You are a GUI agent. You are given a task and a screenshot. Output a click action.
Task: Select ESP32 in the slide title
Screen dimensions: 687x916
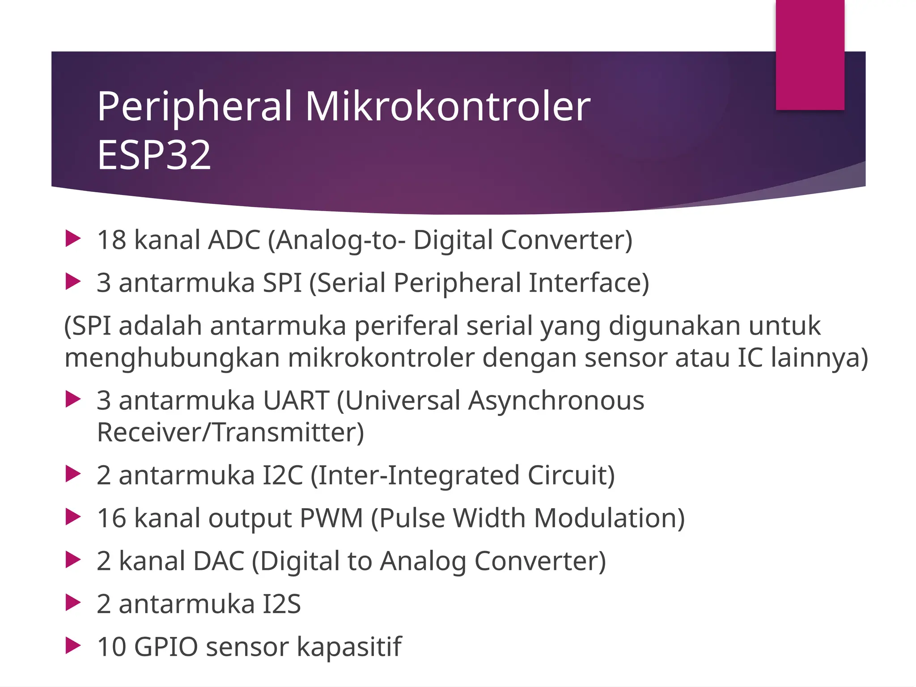point(154,155)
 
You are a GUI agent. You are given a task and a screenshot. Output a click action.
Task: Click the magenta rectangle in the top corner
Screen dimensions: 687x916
point(810,55)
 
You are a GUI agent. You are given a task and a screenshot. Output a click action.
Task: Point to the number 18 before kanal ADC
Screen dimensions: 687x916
point(112,240)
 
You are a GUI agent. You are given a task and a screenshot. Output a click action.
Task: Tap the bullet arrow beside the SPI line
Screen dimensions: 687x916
point(73,282)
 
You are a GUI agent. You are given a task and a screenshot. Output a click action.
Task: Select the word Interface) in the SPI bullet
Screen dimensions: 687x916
point(589,283)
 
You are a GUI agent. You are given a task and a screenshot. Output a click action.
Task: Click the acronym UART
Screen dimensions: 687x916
point(296,400)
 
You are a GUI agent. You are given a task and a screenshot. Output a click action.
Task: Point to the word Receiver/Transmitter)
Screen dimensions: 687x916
point(231,432)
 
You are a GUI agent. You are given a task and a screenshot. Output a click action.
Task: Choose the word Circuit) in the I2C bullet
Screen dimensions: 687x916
point(571,475)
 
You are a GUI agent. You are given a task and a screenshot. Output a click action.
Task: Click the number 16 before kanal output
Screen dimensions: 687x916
point(112,518)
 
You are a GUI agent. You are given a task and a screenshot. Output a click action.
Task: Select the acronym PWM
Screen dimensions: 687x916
point(331,518)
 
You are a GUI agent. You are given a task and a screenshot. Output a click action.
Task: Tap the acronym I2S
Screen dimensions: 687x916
point(282,604)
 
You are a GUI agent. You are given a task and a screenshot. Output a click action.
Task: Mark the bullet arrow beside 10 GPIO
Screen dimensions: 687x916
point(73,645)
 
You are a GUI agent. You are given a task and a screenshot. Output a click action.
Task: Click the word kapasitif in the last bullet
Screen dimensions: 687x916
point(349,647)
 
